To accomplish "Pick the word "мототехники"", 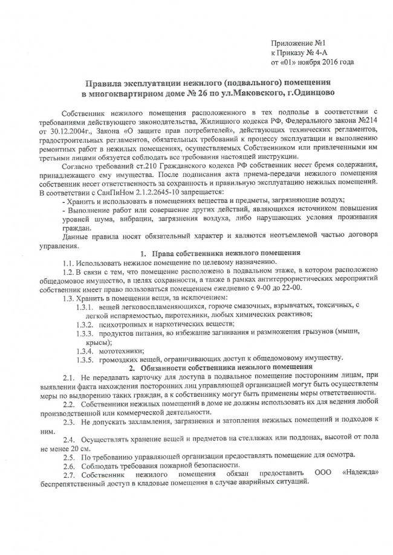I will coord(118,350).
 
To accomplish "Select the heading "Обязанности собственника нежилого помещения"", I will coord(226,367).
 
